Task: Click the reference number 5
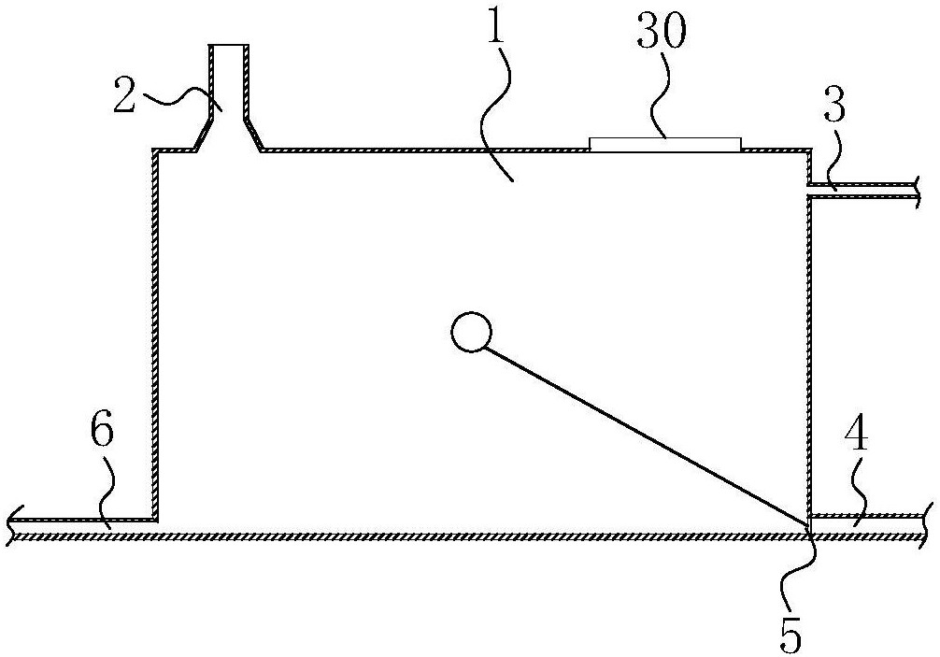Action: (790, 636)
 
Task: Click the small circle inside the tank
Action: (470, 332)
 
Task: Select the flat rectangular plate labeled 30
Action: (665, 144)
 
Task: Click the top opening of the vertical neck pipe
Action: (228, 46)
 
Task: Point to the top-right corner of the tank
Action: (809, 150)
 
